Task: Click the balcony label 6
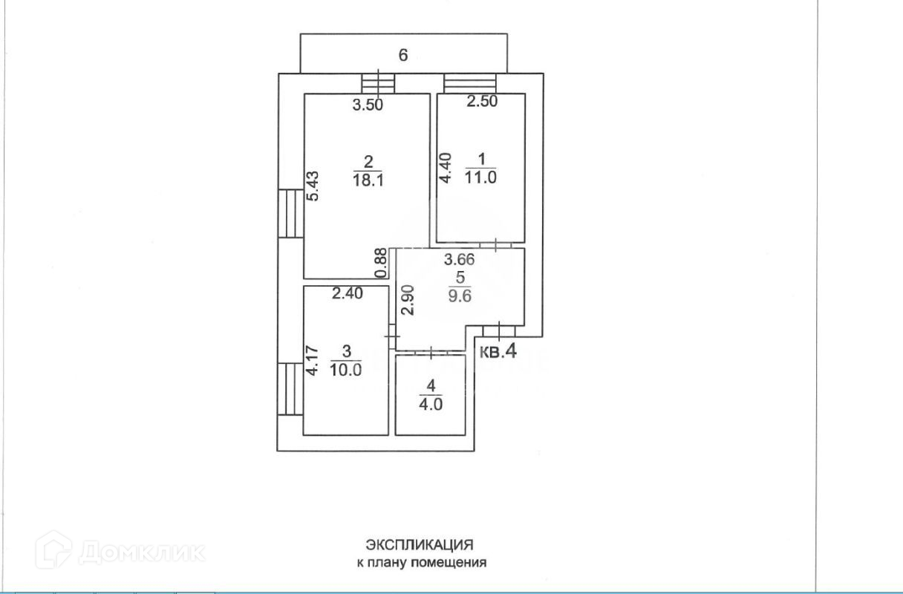pyautogui.click(x=403, y=56)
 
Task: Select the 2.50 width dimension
pyautogui.click(x=481, y=102)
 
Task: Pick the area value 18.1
pyautogui.click(x=368, y=179)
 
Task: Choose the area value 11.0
pyautogui.click(x=480, y=176)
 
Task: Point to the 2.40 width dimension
pyautogui.click(x=347, y=293)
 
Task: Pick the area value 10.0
pyautogui.click(x=347, y=371)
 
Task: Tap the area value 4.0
pyautogui.click(x=431, y=405)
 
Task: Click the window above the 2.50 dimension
pyautogui.click(x=470, y=82)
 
